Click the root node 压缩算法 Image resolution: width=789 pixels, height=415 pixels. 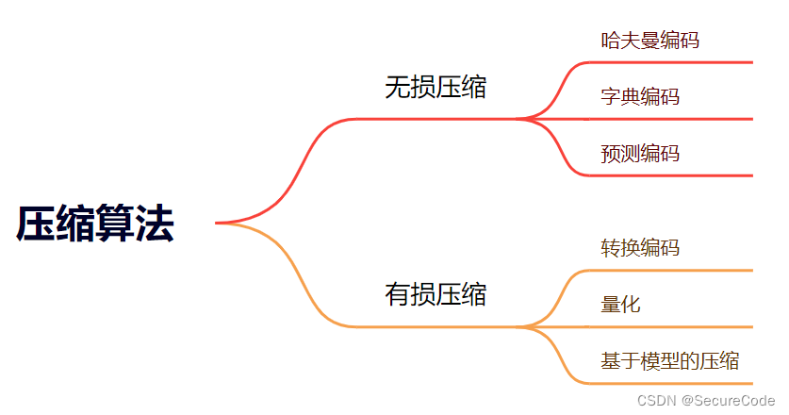point(95,224)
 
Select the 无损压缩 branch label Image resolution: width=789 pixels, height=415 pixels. point(436,88)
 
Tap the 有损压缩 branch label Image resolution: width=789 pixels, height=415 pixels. point(436,294)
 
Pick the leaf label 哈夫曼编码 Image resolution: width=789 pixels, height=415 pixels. point(649,41)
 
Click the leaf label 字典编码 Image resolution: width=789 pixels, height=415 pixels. point(639,97)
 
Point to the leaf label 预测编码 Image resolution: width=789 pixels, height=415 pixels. point(639,154)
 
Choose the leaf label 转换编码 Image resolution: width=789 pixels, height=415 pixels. point(639,248)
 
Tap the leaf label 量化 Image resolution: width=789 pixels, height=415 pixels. point(620,305)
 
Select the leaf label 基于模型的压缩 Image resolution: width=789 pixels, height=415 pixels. point(669,360)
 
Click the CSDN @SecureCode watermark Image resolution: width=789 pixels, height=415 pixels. point(705,401)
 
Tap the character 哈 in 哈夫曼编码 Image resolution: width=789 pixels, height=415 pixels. point(611,41)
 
